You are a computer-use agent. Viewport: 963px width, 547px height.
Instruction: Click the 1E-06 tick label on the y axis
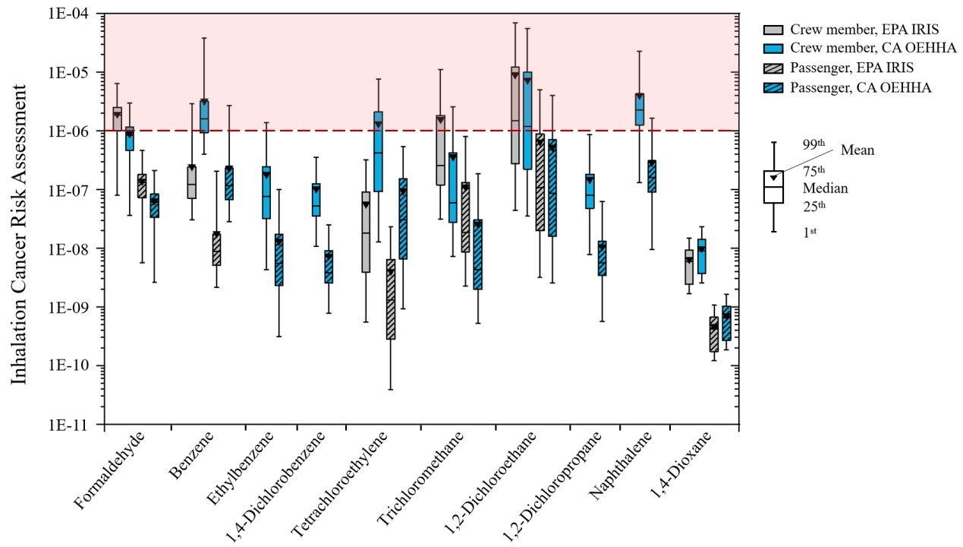[x=75, y=131]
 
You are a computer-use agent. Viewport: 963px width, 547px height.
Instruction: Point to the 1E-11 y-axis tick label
[x=75, y=425]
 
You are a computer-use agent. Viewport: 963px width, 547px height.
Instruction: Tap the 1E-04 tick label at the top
[x=75, y=14]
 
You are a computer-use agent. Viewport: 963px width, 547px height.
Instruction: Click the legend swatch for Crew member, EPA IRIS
[x=773, y=30]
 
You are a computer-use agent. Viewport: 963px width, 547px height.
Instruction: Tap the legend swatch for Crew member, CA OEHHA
[x=773, y=49]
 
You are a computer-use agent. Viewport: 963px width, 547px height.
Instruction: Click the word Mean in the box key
[x=858, y=150]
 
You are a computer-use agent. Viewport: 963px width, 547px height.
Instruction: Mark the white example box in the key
[x=773, y=187]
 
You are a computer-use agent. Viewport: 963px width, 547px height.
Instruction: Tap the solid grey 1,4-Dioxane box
[x=689, y=267]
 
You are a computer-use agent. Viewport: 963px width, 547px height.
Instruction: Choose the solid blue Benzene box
[x=204, y=115]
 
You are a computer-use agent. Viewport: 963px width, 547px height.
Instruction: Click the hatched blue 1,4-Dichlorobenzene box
[x=328, y=267]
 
